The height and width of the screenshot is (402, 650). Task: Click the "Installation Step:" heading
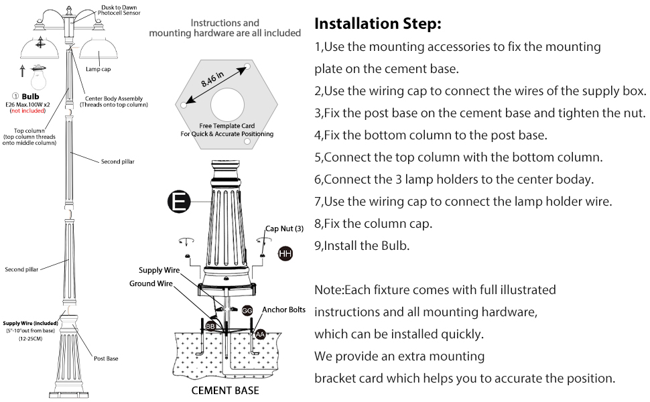point(378,24)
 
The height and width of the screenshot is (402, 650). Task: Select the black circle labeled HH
point(285,253)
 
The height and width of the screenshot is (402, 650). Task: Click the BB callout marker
point(210,326)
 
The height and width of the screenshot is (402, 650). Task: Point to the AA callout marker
point(258,332)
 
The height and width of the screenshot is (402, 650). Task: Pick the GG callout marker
point(247,310)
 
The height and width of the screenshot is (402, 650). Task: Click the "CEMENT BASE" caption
point(225,391)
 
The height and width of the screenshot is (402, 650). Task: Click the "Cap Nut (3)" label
point(284,228)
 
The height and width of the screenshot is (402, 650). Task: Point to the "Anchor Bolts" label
point(283,310)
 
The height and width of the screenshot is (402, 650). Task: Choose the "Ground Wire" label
point(151,283)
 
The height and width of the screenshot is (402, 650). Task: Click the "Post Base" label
point(106,358)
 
